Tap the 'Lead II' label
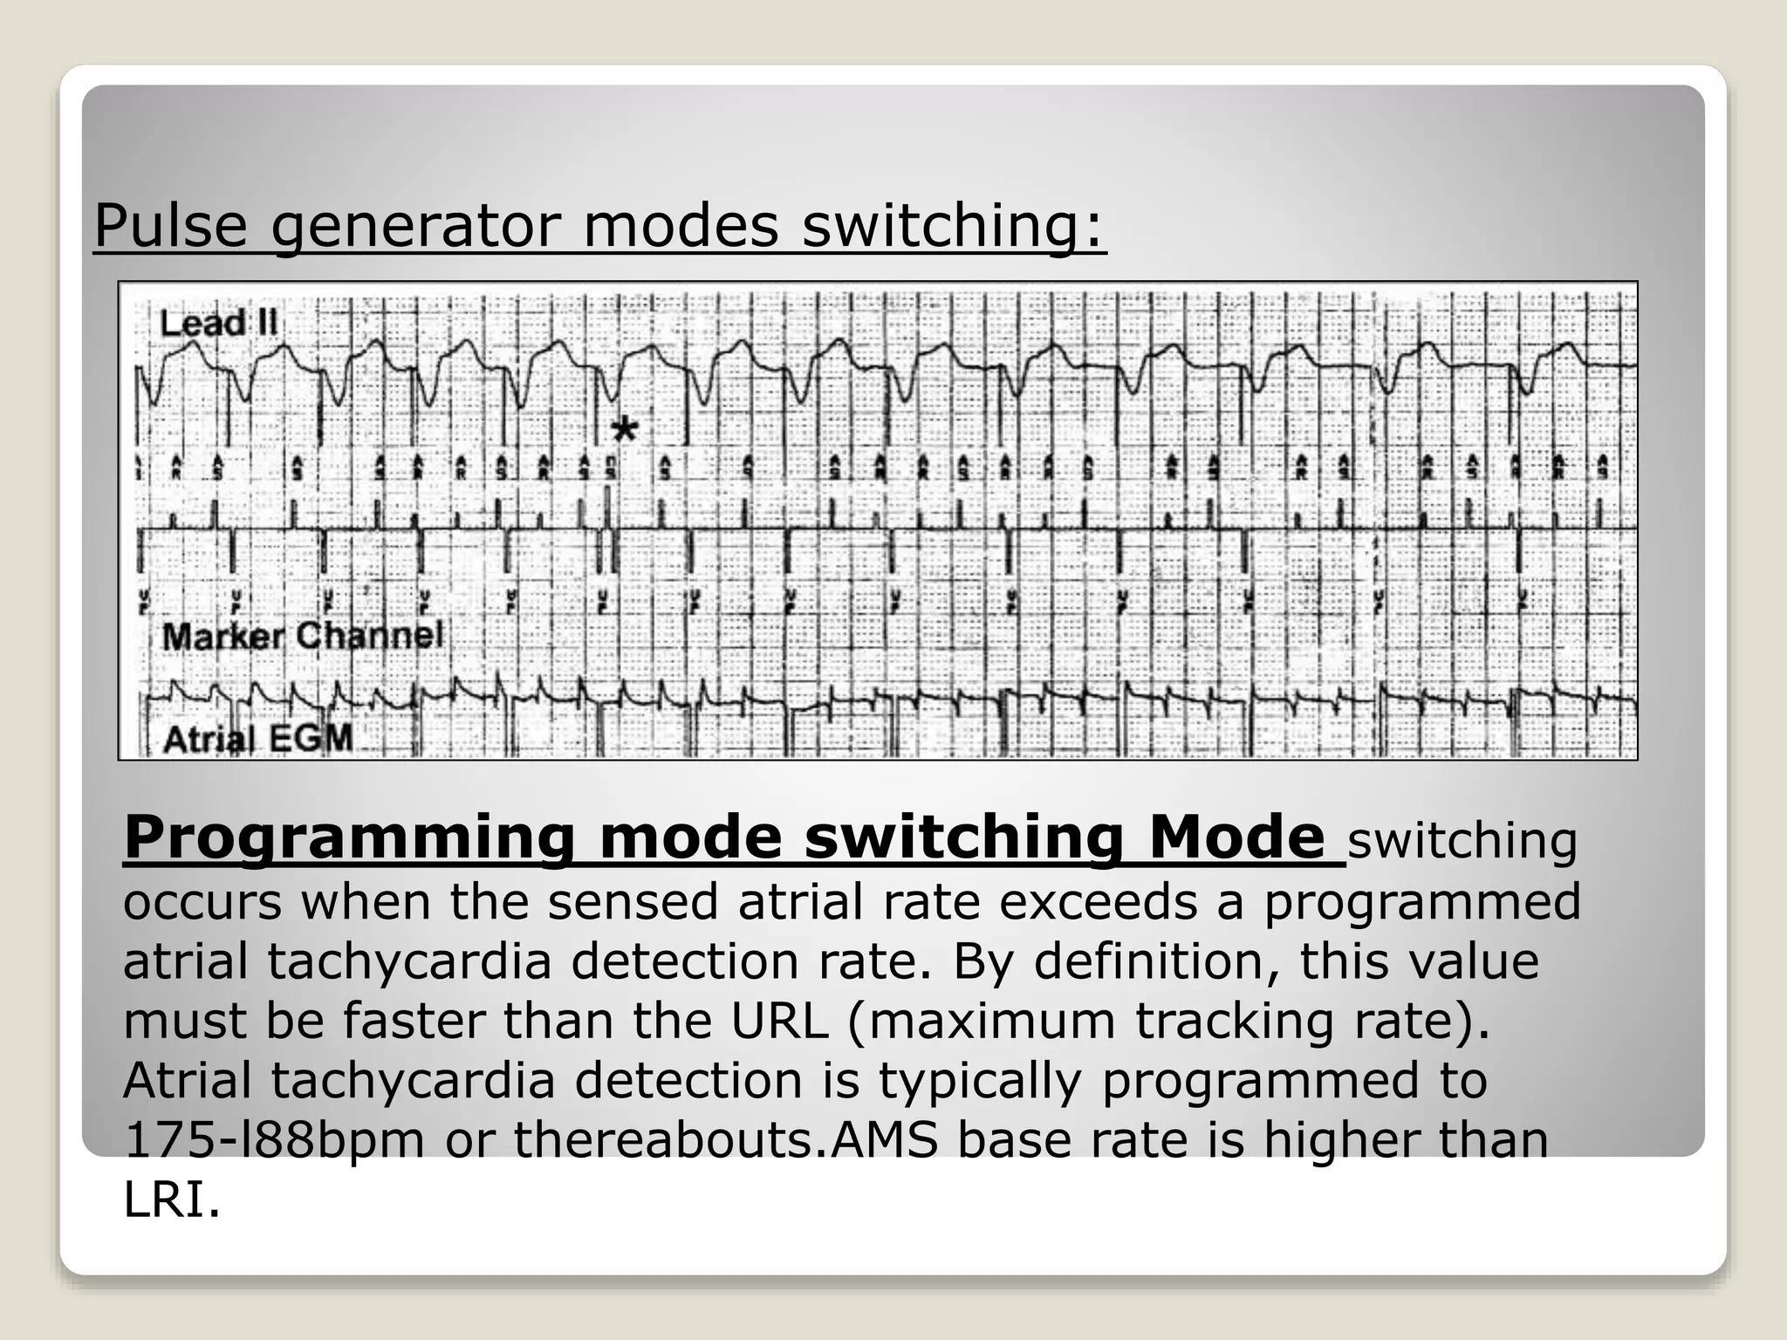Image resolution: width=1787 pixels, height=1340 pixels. [x=218, y=324]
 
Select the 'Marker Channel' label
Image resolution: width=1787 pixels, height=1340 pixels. [x=303, y=636]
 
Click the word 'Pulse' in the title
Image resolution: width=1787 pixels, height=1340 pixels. [x=170, y=226]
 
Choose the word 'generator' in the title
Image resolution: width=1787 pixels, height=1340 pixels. [x=414, y=226]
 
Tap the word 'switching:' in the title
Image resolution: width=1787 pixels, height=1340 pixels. [x=954, y=226]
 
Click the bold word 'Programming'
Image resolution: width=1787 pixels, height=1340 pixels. [x=349, y=838]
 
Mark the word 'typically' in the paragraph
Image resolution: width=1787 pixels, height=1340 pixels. [x=979, y=1081]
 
